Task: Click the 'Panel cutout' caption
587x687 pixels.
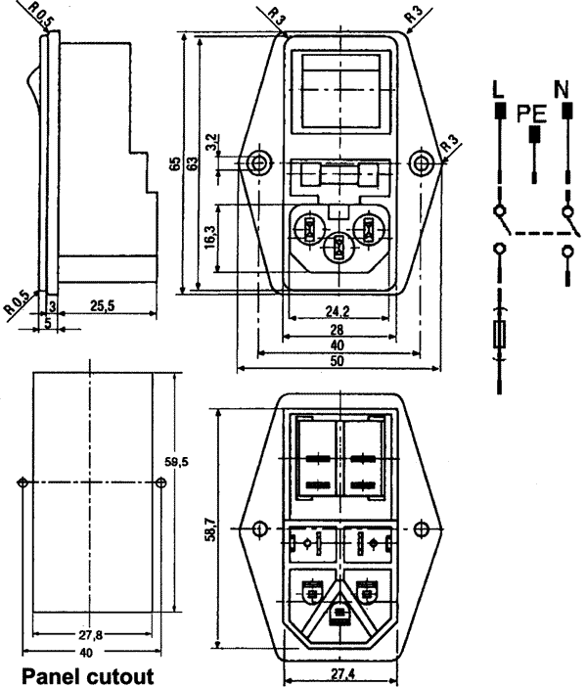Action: coord(88,675)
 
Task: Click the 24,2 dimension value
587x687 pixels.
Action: coord(338,311)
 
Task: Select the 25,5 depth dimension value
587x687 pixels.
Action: coord(104,306)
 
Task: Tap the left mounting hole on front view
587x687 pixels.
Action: coord(258,162)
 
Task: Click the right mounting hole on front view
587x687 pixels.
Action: coord(421,162)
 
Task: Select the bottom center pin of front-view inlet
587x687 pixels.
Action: coord(338,251)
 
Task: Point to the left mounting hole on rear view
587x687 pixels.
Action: coord(258,529)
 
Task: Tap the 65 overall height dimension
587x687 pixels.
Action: coord(175,163)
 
